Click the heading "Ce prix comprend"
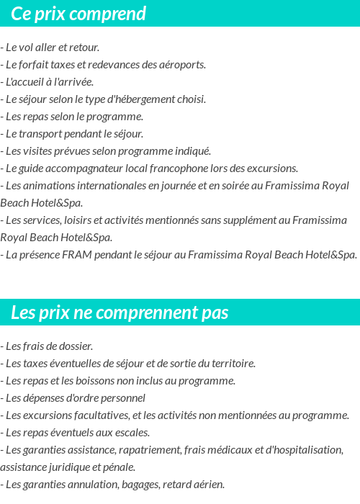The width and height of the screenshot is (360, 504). pyautogui.click(x=78, y=14)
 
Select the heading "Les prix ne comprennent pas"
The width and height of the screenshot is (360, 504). pyautogui.click(x=120, y=312)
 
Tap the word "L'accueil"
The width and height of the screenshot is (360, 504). pyautogui.click(x=26, y=82)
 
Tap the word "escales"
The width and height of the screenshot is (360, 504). pyautogui.click(x=132, y=433)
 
